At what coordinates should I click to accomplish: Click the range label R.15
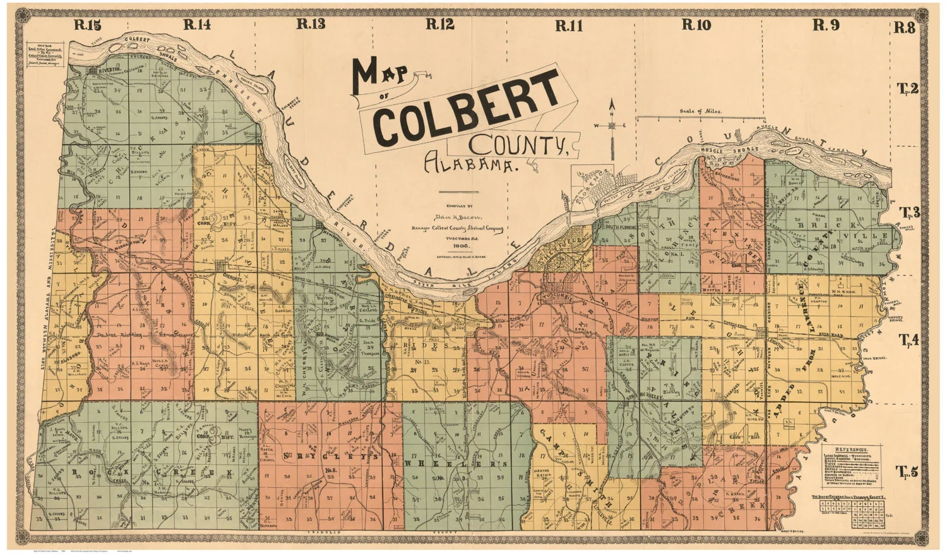point(87,25)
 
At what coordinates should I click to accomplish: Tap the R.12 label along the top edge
point(440,25)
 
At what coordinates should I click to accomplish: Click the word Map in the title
point(381,75)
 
